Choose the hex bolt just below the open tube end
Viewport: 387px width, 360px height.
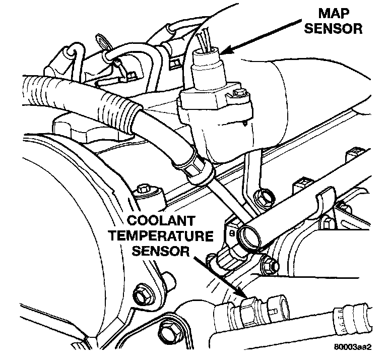(268, 262)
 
